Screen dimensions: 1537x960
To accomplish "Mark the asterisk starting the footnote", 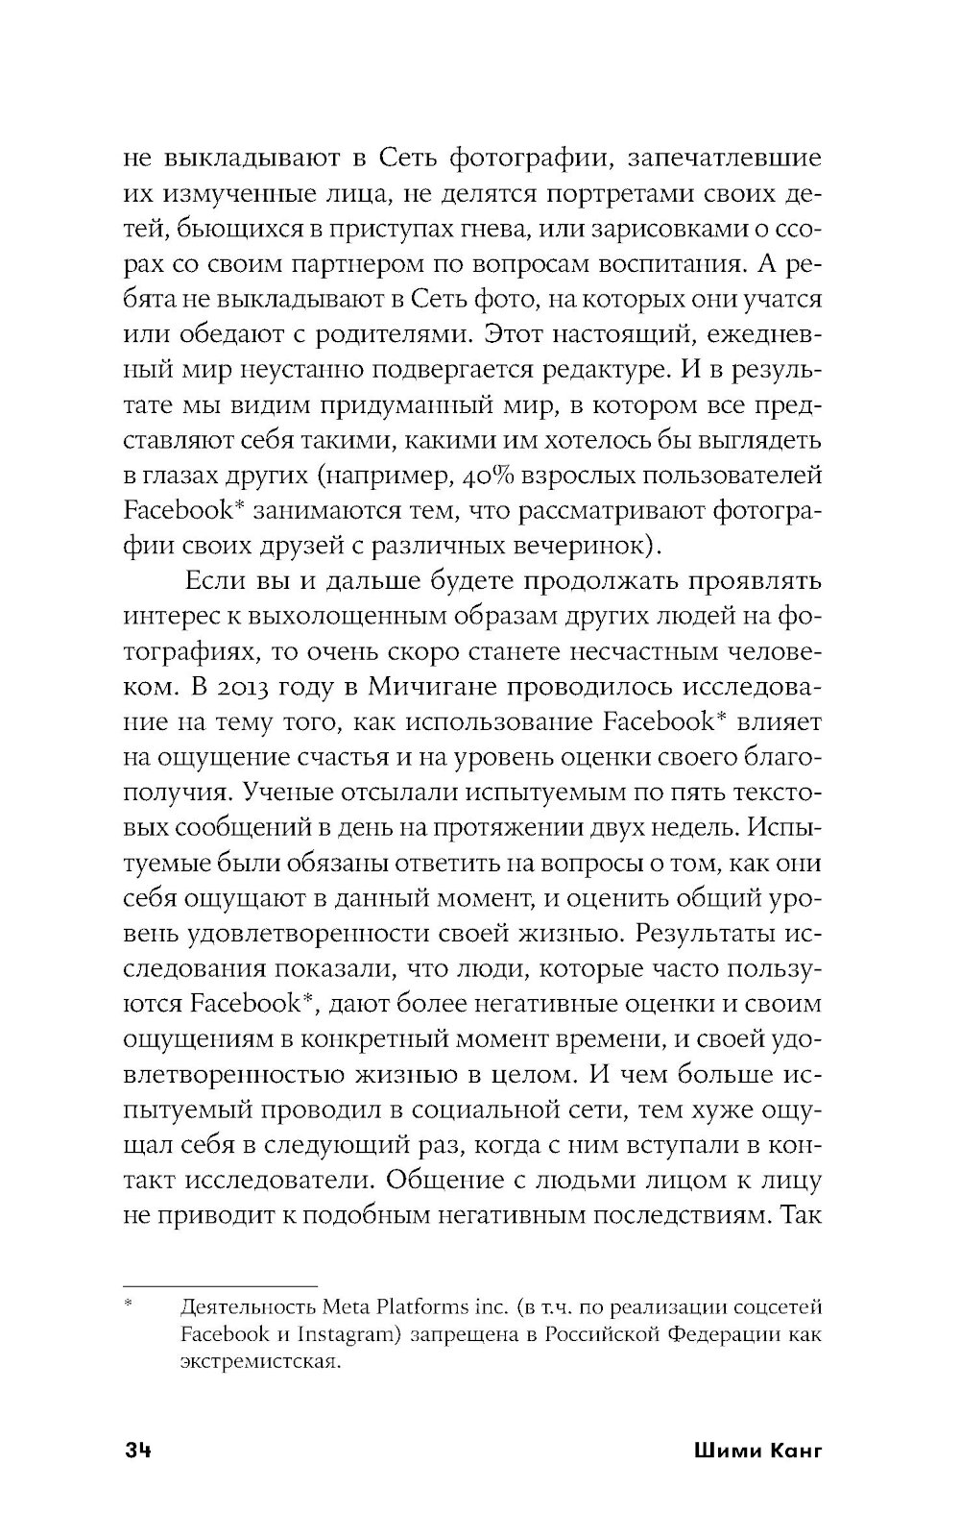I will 129,1305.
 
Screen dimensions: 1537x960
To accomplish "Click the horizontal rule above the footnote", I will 221,1285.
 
